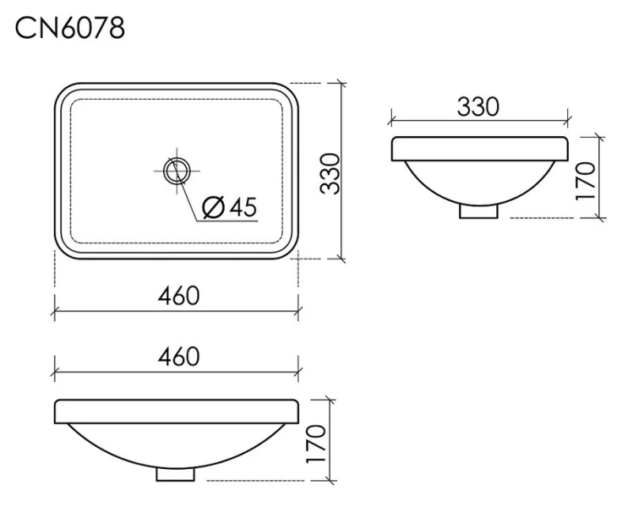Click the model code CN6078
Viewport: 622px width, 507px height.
(x=69, y=27)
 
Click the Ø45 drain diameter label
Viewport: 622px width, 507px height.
(x=229, y=206)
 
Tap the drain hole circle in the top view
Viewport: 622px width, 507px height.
(x=177, y=171)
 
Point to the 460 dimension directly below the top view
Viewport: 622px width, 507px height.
(x=177, y=296)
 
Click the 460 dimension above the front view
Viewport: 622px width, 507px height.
(x=177, y=357)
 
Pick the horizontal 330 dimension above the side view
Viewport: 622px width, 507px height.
(x=478, y=107)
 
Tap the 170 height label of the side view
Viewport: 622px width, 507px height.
(x=587, y=178)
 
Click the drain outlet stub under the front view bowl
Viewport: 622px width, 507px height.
(x=177, y=475)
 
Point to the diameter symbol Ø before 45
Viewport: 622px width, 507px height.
(x=215, y=206)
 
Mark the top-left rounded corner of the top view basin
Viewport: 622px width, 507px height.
(x=64, y=91)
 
